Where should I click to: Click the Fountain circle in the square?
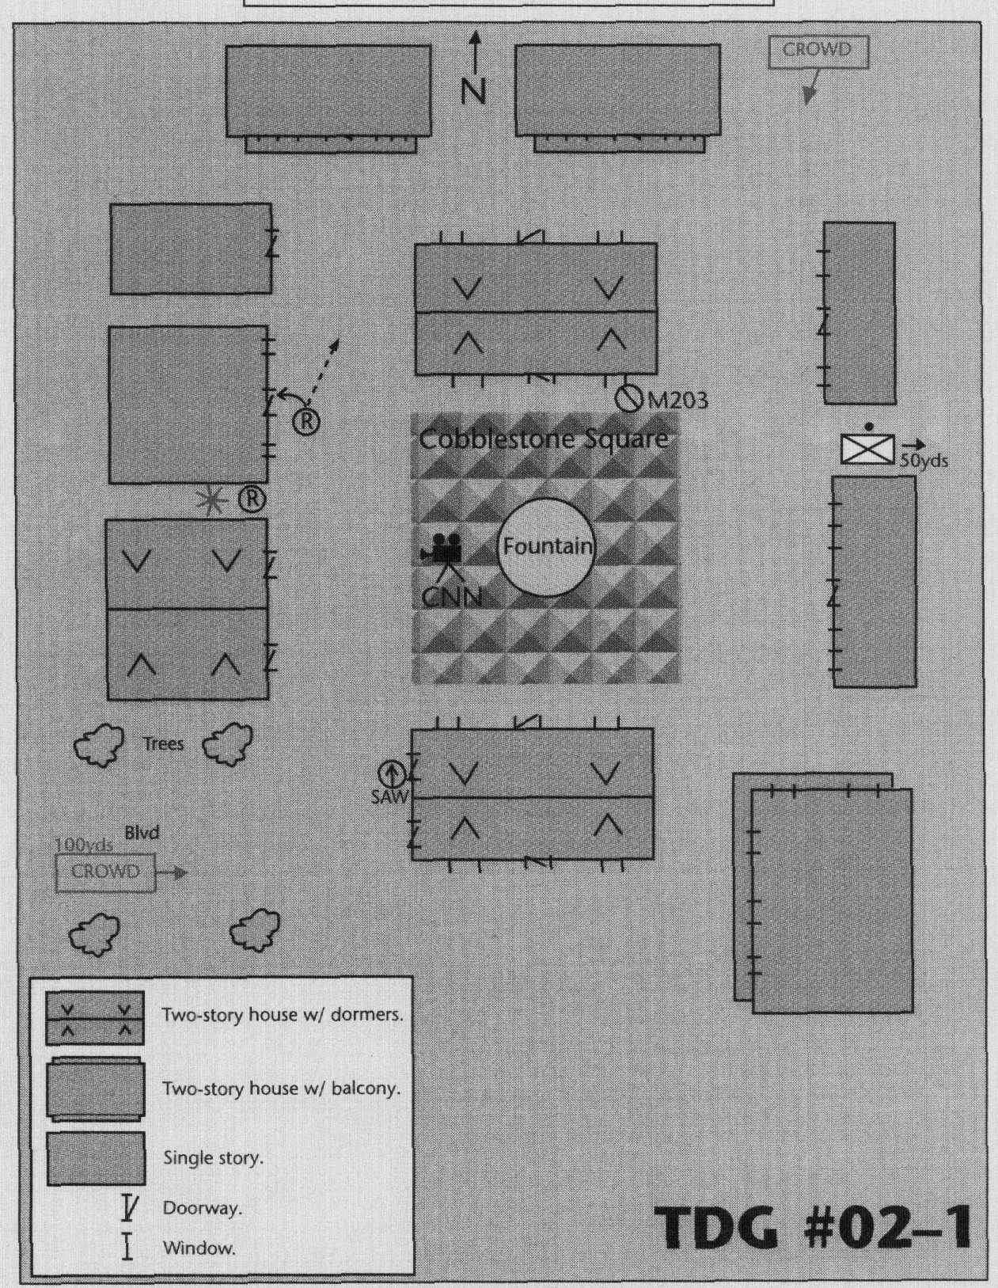click(546, 546)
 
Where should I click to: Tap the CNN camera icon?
click(443, 548)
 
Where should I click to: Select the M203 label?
click(678, 401)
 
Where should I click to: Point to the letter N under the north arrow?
click(473, 92)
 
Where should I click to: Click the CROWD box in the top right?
click(818, 51)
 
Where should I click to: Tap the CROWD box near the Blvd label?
click(105, 872)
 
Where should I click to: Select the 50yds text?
click(923, 461)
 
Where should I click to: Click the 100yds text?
click(83, 845)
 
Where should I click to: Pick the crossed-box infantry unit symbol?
click(867, 449)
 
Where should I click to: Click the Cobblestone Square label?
click(543, 439)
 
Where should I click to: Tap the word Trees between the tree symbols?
click(163, 743)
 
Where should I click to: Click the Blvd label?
click(142, 833)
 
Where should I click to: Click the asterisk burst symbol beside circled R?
click(211, 500)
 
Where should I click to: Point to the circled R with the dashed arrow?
click(306, 421)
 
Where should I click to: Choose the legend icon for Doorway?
click(128, 1208)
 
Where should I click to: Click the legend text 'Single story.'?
click(213, 1158)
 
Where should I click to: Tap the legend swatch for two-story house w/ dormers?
click(95, 1017)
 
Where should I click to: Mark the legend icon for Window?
click(127, 1248)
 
